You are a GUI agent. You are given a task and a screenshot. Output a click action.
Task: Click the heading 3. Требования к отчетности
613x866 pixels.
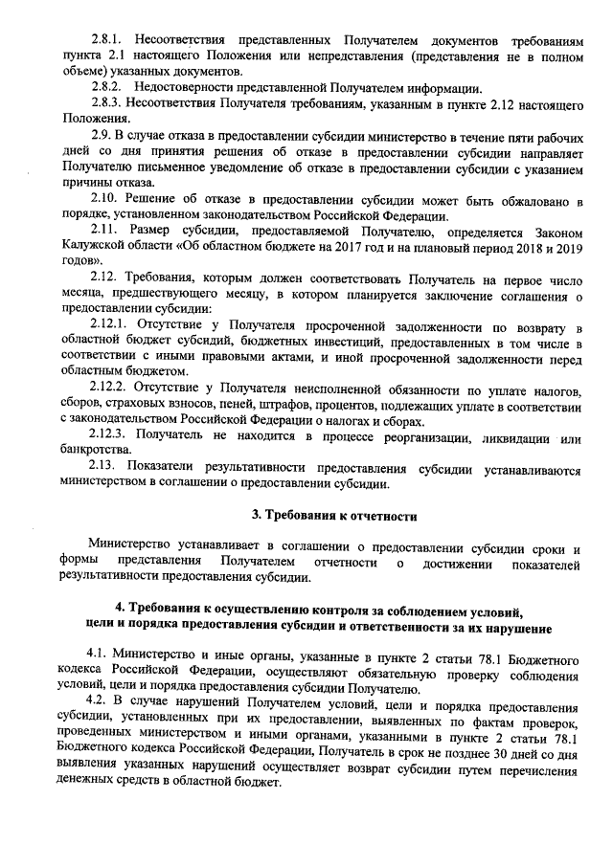pyautogui.click(x=334, y=517)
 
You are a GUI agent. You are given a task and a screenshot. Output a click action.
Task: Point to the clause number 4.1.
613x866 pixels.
pyautogui.click(x=98, y=654)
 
